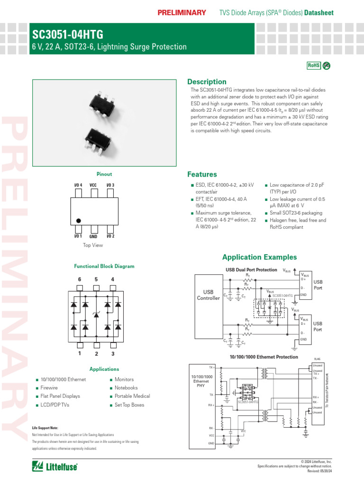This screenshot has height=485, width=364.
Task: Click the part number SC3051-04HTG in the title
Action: (67, 35)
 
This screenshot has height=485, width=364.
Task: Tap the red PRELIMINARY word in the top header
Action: (182, 12)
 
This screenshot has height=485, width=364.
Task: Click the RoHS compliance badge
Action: (314, 66)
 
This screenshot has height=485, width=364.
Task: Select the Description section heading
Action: (207, 81)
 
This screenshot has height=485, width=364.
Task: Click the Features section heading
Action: (202, 174)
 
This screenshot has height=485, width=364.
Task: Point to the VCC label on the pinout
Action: (93, 185)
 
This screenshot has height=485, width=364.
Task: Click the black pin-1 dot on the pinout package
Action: (79, 221)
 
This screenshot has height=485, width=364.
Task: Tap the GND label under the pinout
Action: (93, 236)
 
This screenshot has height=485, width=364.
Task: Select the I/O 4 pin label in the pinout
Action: (78, 185)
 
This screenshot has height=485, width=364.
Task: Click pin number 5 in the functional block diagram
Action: (96, 279)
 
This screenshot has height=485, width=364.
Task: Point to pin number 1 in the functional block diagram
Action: (80, 353)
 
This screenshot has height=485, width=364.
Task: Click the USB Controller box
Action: (209, 295)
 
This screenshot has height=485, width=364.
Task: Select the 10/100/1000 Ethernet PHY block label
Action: (201, 381)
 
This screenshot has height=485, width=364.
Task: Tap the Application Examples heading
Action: (259, 257)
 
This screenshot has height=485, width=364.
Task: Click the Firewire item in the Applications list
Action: (49, 388)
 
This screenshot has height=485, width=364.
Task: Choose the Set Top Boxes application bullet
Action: (129, 405)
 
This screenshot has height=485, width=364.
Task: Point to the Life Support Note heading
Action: (45, 428)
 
